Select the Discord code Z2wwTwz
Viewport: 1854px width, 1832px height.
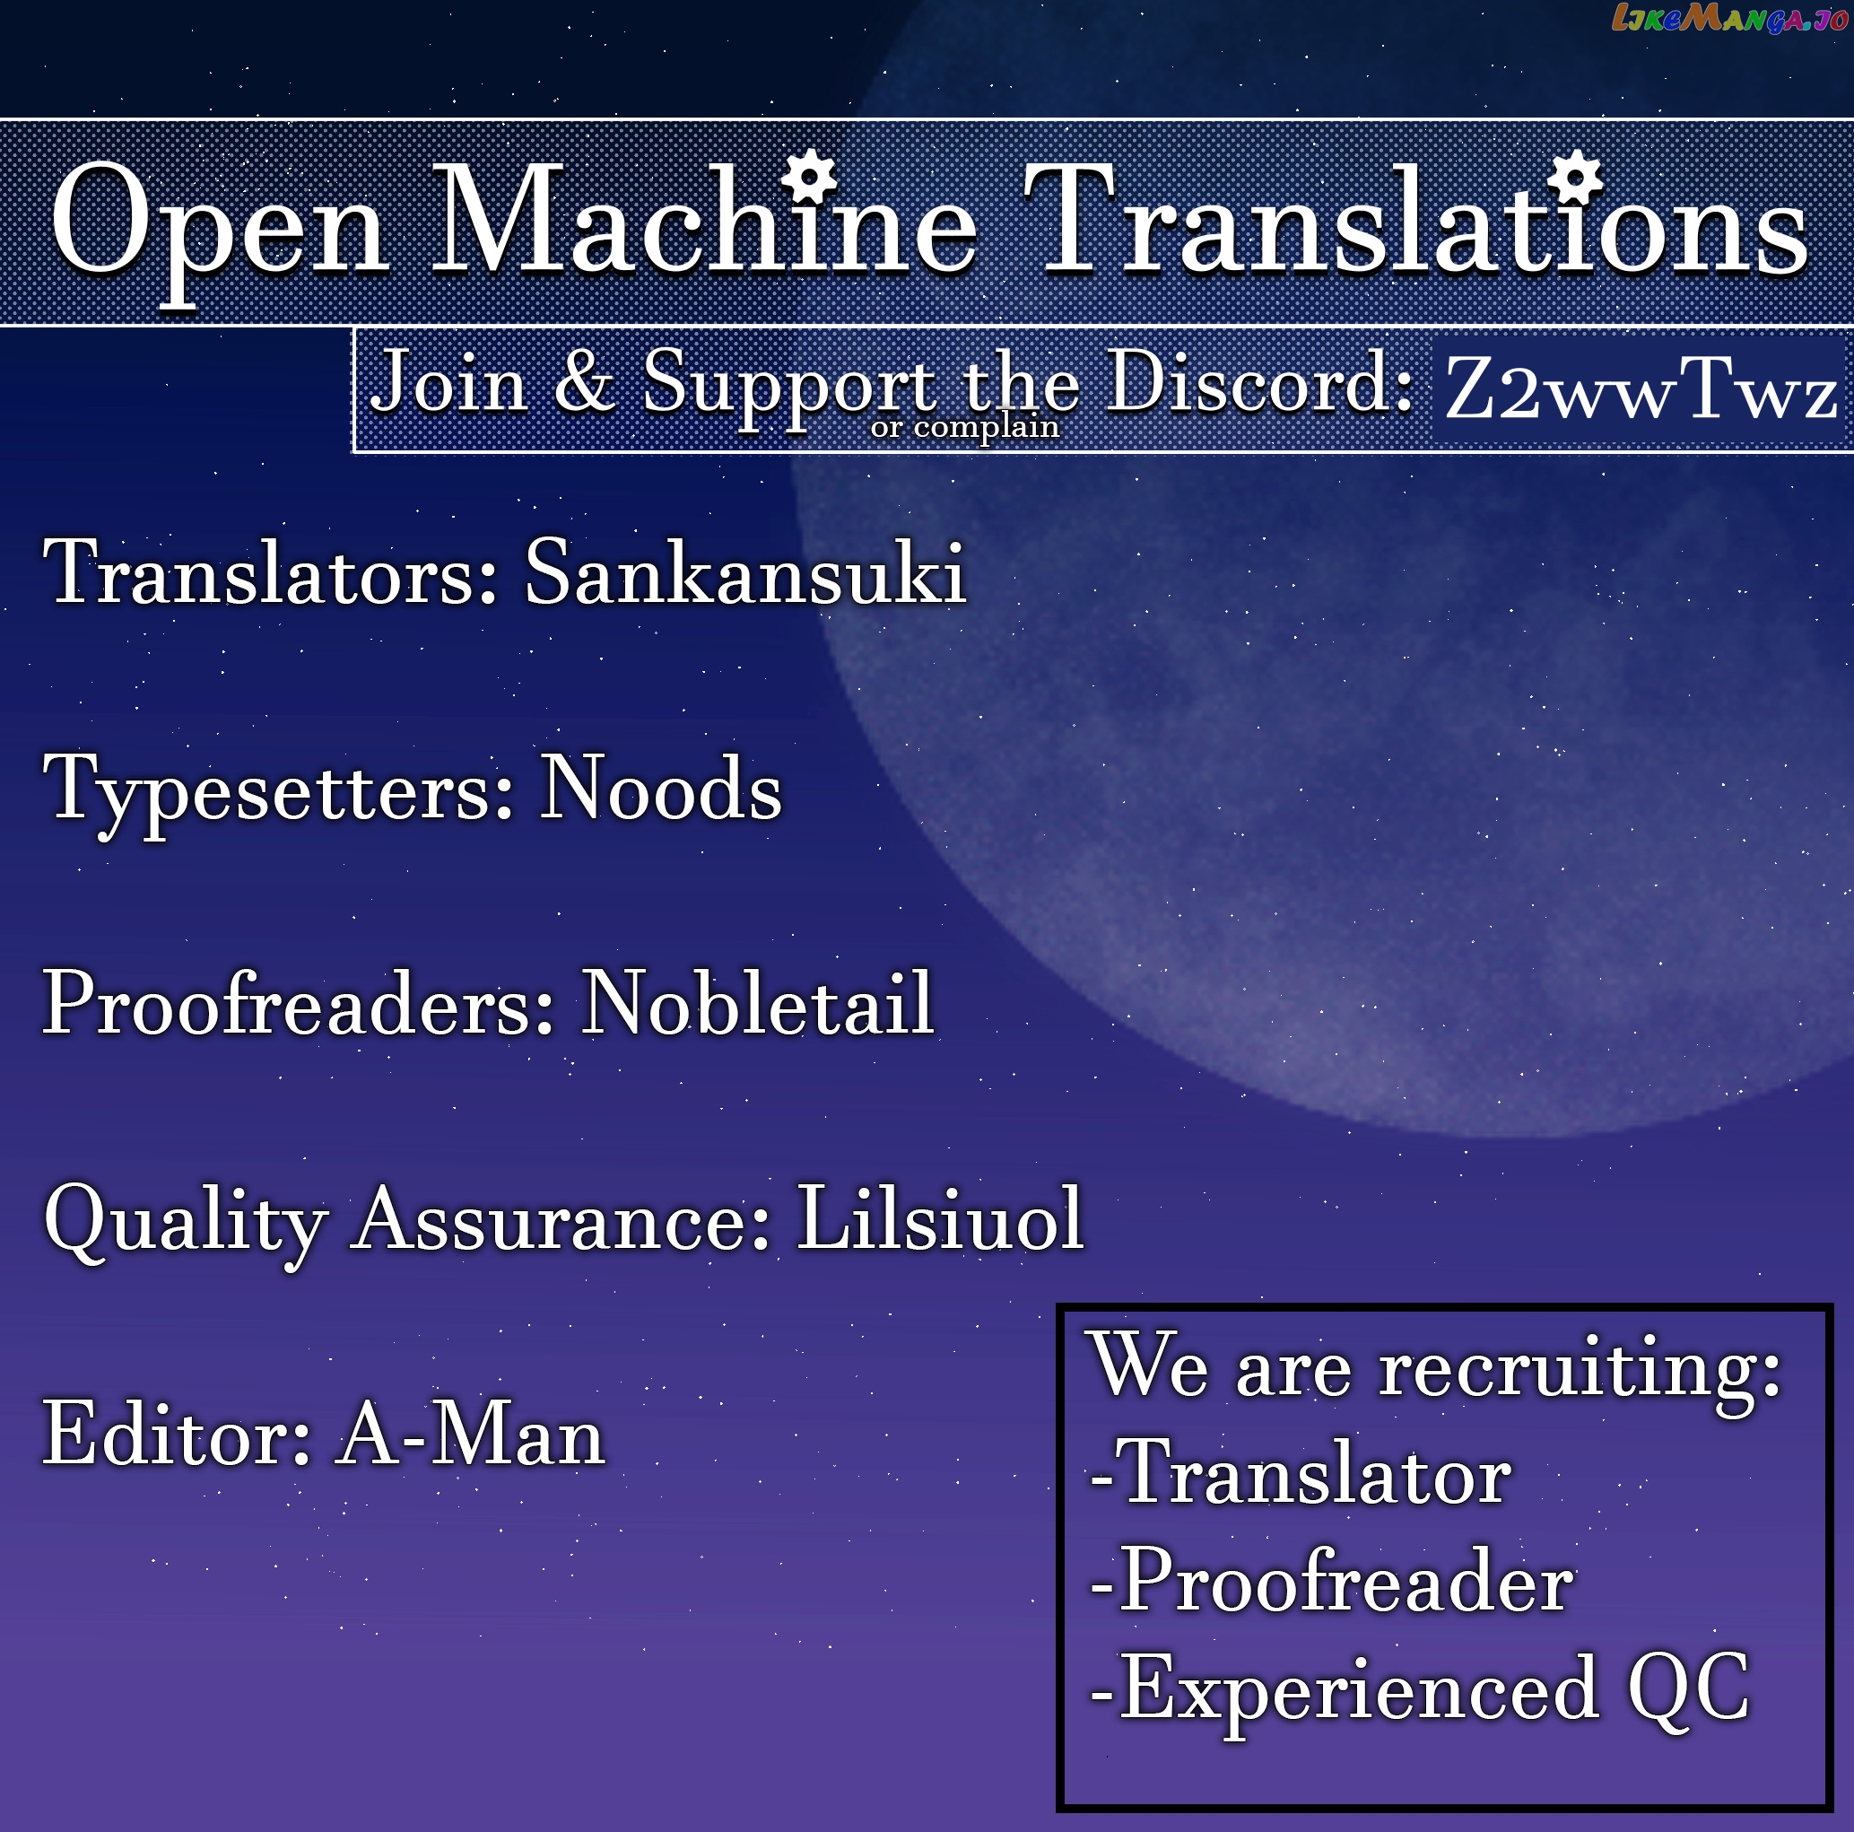click(1641, 388)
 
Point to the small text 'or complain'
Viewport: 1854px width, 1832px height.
click(964, 426)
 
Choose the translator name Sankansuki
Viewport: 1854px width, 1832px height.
click(744, 572)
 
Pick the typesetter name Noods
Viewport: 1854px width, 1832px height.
click(661, 788)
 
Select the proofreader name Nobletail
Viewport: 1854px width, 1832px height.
click(758, 1003)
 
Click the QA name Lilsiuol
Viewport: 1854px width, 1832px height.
click(940, 1217)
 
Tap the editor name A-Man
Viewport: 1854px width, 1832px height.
click(470, 1434)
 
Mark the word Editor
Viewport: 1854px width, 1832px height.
click(177, 1434)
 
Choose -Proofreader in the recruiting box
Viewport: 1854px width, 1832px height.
click(1331, 1583)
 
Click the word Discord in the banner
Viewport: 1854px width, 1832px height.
click(1259, 381)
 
